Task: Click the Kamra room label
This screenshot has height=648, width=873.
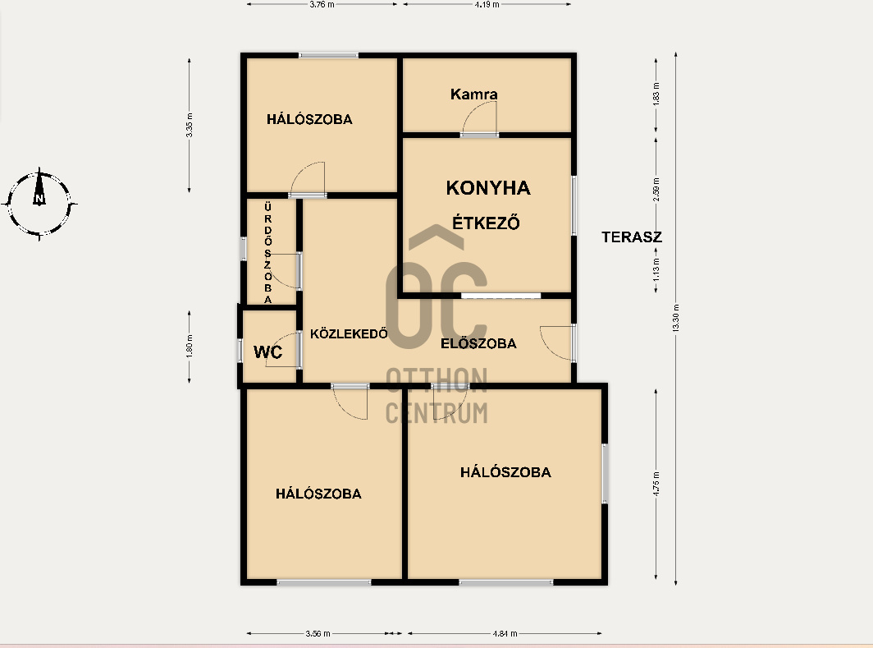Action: click(473, 94)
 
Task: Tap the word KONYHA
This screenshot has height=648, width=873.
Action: click(488, 188)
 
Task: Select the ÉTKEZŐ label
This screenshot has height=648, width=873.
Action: click(486, 223)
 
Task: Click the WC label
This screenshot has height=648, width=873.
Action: click(267, 352)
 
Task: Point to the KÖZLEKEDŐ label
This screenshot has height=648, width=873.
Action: click(349, 333)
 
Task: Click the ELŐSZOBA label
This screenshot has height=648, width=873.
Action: click(479, 343)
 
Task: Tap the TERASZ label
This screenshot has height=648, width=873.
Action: click(632, 237)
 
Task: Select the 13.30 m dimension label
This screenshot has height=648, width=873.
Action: click(676, 318)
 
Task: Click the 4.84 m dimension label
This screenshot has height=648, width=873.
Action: click(505, 633)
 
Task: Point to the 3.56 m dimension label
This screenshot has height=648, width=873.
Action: click(318, 633)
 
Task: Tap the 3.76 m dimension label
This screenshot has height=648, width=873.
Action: click(322, 4)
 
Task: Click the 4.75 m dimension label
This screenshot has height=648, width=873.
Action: click(656, 484)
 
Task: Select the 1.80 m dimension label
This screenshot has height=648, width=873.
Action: click(190, 346)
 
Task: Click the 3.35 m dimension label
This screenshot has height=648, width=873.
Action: click(190, 126)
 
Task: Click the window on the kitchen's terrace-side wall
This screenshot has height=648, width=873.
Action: click(574, 205)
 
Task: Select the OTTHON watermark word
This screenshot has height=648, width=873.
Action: click(436, 380)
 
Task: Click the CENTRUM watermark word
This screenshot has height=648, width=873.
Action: click(436, 413)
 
